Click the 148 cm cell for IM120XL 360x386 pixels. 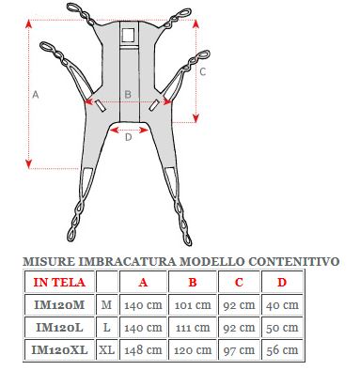click(x=143, y=349)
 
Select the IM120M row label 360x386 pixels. click(x=59, y=304)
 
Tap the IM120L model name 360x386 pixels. click(x=59, y=327)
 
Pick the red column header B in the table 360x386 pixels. click(x=193, y=282)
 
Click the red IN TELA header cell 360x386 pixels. click(x=59, y=282)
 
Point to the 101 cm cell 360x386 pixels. click(x=193, y=304)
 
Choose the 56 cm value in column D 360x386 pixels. click(x=282, y=349)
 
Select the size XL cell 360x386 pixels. click(x=106, y=349)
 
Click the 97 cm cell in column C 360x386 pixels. click(x=239, y=349)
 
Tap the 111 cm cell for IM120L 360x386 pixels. click(x=193, y=327)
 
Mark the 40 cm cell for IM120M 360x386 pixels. click(x=282, y=304)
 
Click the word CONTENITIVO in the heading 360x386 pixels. click(x=293, y=261)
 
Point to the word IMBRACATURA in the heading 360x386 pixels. click(x=127, y=261)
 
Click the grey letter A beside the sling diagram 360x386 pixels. click(x=36, y=94)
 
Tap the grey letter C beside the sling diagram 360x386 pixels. click(x=203, y=71)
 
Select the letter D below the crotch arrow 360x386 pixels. click(x=128, y=137)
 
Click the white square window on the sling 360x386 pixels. click(x=128, y=35)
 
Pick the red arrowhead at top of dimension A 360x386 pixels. click(x=29, y=23)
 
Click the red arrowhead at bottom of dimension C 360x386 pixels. click(x=196, y=118)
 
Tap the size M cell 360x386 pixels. click(x=106, y=304)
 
